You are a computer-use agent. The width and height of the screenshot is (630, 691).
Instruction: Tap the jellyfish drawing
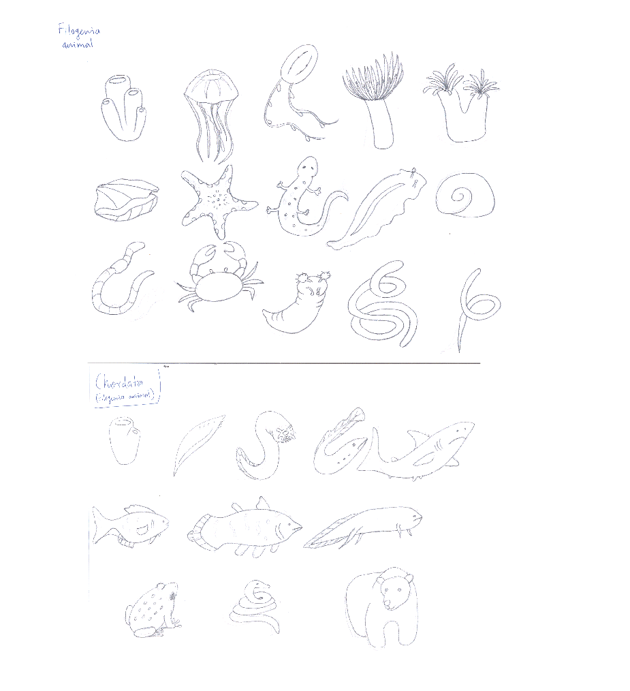click(210, 109)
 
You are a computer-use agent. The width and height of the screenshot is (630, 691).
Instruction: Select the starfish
click(217, 201)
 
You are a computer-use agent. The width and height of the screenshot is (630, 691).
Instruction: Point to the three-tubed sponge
click(125, 109)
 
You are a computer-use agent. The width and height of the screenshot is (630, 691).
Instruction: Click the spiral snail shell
click(464, 197)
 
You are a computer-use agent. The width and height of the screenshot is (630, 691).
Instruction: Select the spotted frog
click(151, 608)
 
